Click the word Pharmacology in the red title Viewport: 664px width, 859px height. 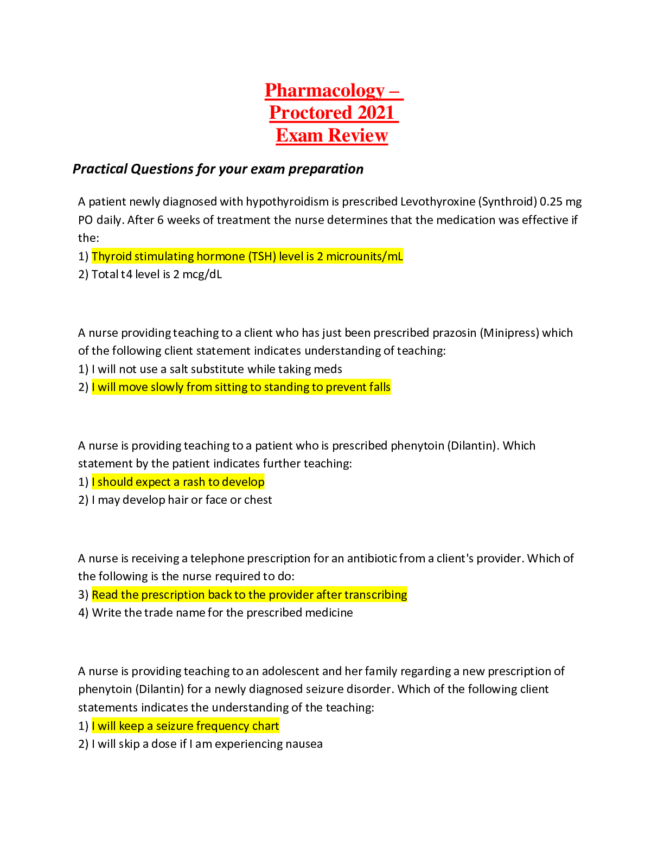point(324,91)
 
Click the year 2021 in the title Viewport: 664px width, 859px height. point(376,113)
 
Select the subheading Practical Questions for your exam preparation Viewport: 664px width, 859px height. point(218,169)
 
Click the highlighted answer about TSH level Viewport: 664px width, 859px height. point(247,256)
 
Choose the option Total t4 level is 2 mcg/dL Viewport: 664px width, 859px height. point(157,274)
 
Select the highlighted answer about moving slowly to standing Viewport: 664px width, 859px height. point(241,387)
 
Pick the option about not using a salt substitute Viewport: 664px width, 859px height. point(216,369)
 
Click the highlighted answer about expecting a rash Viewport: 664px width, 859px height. point(178,482)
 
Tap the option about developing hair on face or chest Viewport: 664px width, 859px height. point(182,500)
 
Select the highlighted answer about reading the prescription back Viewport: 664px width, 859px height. point(250,594)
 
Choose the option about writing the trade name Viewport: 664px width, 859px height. point(222,613)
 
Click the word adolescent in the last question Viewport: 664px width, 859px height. point(290,671)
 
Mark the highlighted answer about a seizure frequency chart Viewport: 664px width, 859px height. point(186,726)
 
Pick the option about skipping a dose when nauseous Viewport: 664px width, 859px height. point(207,744)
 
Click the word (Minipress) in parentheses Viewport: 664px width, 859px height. point(509,333)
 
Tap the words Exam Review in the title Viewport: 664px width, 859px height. point(332,135)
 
